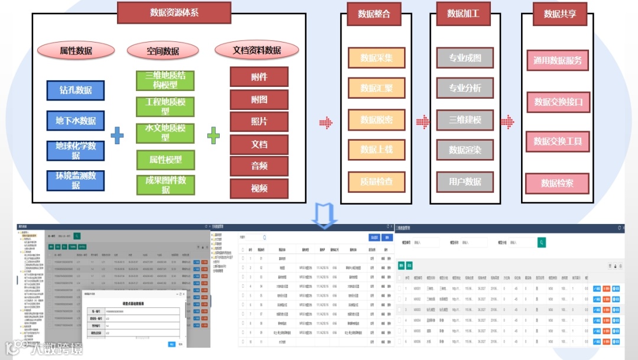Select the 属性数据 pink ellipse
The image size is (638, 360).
click(x=76, y=51)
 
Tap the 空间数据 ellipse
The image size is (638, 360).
click(x=162, y=51)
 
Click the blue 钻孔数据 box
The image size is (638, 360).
click(x=76, y=90)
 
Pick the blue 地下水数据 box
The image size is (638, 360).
click(x=76, y=121)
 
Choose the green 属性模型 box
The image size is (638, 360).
click(x=165, y=160)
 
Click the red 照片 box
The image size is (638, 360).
click(x=259, y=121)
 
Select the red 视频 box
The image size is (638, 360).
click(x=259, y=189)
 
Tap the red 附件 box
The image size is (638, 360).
click(x=259, y=77)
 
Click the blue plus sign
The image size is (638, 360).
click(x=118, y=136)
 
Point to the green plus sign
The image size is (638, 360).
click(x=213, y=136)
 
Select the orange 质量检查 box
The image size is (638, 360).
click(x=376, y=181)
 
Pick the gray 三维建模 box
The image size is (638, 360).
click(x=465, y=120)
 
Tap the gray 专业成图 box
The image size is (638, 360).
click(x=465, y=58)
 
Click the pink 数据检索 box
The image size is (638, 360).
click(x=557, y=183)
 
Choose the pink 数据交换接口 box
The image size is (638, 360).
click(x=558, y=102)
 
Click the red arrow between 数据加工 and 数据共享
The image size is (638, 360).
click(x=507, y=122)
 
